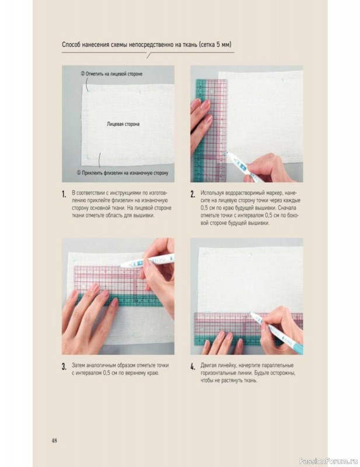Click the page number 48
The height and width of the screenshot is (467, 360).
coord(54,441)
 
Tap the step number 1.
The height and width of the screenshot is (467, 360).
coord(64,194)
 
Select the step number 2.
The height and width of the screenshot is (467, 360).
coord(193,194)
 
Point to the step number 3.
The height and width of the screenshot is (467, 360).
coord(64,367)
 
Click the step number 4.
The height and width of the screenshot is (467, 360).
coord(193,367)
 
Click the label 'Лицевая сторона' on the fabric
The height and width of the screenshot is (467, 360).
coord(123,124)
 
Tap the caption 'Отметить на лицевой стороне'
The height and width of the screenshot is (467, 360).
coord(111,74)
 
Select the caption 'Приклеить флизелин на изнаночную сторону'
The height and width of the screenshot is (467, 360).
coord(123,173)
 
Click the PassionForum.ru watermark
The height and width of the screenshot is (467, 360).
coord(328,461)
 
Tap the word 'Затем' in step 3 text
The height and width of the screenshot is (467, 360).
coord(78,365)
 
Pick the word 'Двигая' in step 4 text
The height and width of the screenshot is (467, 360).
coord(208,365)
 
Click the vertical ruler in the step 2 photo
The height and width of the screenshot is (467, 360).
coord(210,130)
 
